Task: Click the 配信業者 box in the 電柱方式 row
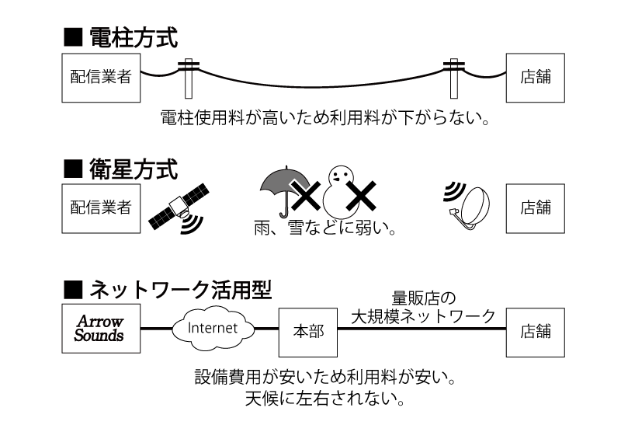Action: click(101, 78)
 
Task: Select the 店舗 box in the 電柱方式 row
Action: click(536, 78)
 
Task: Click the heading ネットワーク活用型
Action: click(178, 290)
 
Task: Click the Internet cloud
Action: click(212, 328)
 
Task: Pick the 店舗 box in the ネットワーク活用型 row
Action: click(536, 329)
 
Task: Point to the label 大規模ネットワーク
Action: click(423, 315)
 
